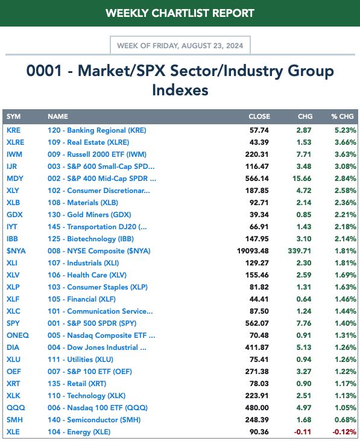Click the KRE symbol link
(13, 130)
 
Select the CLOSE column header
(259, 116)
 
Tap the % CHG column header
(343, 116)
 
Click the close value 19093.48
(253, 251)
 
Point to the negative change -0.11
(302, 432)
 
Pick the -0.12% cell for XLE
(344, 432)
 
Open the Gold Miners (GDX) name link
(89, 215)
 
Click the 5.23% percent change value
(346, 130)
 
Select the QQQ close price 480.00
(257, 408)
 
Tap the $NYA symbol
(16, 251)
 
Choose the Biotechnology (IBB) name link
(91, 239)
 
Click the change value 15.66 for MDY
(302, 179)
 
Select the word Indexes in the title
(180, 90)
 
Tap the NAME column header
(58, 116)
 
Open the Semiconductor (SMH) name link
(94, 420)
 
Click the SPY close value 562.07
(257, 323)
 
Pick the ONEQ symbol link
(17, 335)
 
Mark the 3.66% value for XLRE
(346, 142)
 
